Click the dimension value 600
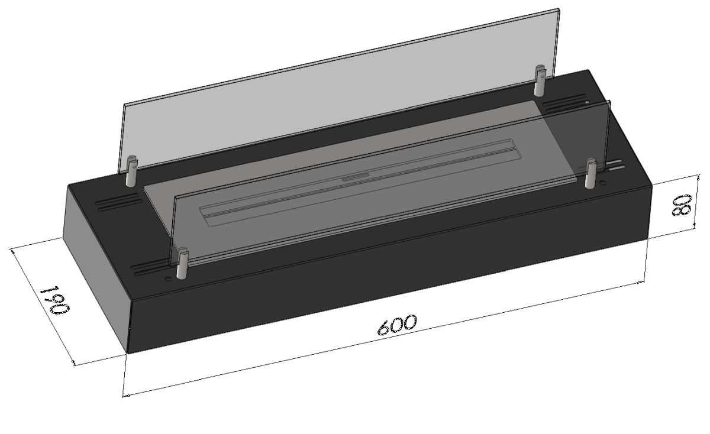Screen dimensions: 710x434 pos(396,325)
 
